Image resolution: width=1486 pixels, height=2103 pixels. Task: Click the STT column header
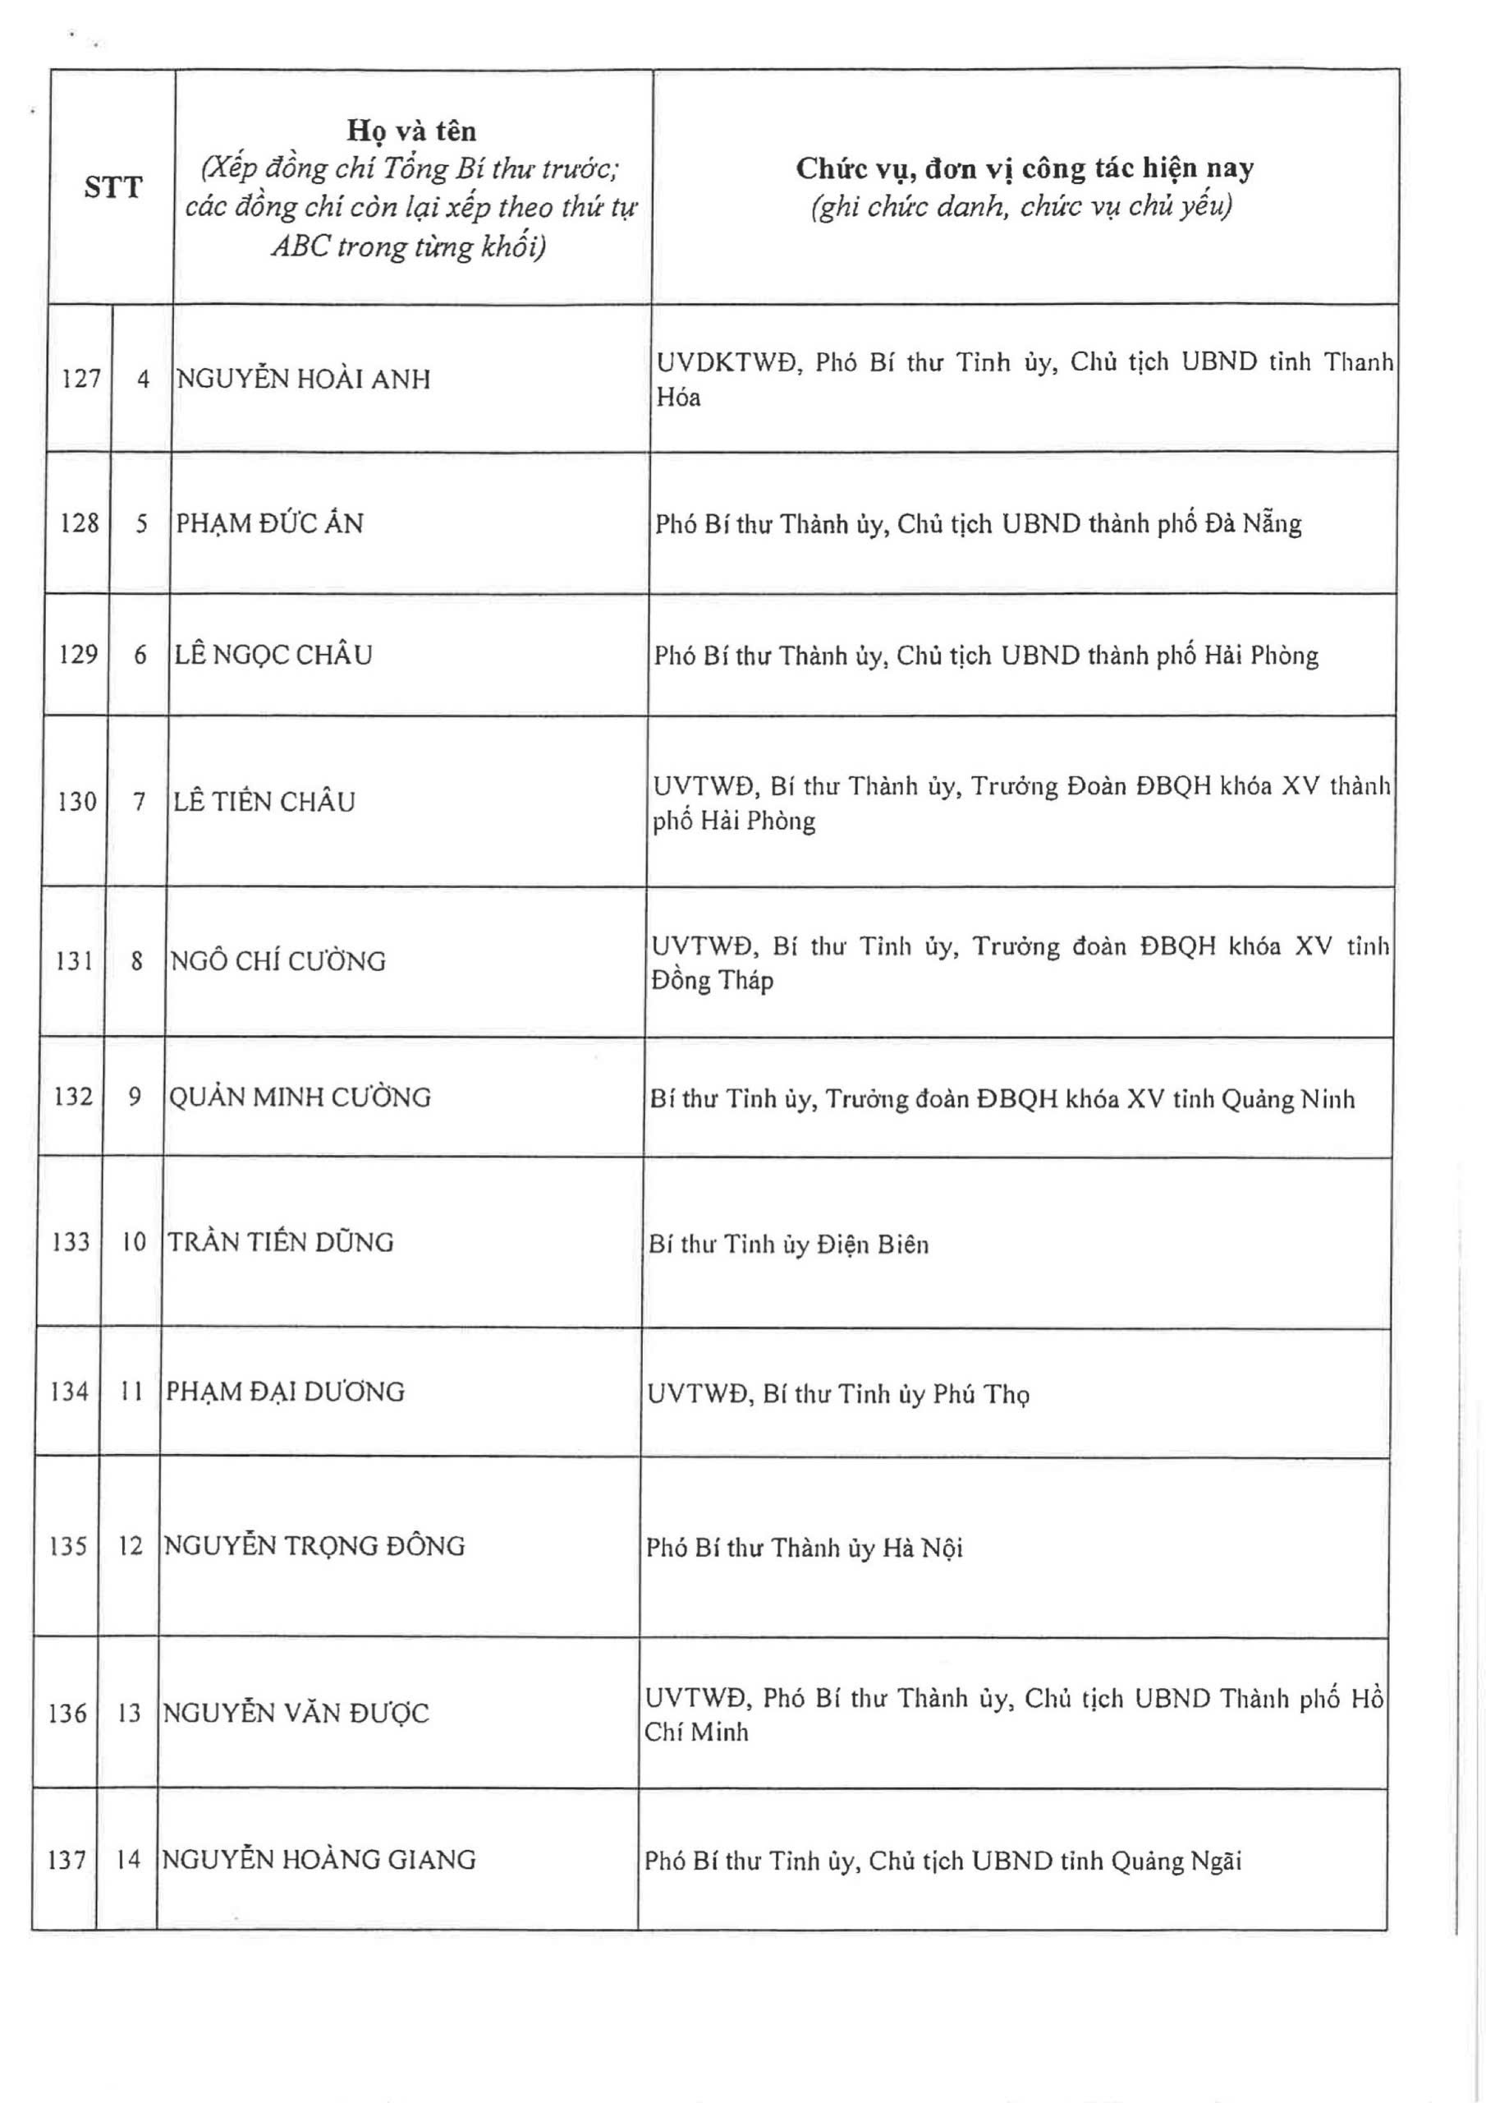tap(112, 188)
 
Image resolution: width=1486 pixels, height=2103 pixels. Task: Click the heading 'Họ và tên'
tap(411, 131)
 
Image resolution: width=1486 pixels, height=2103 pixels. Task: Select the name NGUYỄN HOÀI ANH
tap(303, 380)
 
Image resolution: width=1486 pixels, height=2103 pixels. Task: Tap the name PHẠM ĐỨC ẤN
tap(269, 524)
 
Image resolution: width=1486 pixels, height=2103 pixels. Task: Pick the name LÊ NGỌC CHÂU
tap(273, 655)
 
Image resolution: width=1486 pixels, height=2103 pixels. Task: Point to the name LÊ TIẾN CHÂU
tap(264, 803)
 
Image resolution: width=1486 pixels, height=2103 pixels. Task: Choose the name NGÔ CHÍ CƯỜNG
tap(278, 962)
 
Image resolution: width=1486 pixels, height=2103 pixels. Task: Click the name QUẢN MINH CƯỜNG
tap(300, 1098)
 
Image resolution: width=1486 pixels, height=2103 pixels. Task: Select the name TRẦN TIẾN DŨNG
tap(280, 1243)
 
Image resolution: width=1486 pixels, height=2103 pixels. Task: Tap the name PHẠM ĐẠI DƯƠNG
tap(285, 1392)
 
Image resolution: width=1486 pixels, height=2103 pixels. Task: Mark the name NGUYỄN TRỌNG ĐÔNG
tap(314, 1546)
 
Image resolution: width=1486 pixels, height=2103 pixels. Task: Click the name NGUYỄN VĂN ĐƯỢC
tap(296, 1713)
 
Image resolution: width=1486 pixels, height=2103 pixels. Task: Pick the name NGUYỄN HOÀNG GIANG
tap(319, 1861)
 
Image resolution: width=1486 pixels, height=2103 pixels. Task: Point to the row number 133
tap(71, 1243)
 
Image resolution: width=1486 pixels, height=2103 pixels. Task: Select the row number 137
tap(66, 1861)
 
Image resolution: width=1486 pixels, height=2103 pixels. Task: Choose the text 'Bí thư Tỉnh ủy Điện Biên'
tap(788, 1245)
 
